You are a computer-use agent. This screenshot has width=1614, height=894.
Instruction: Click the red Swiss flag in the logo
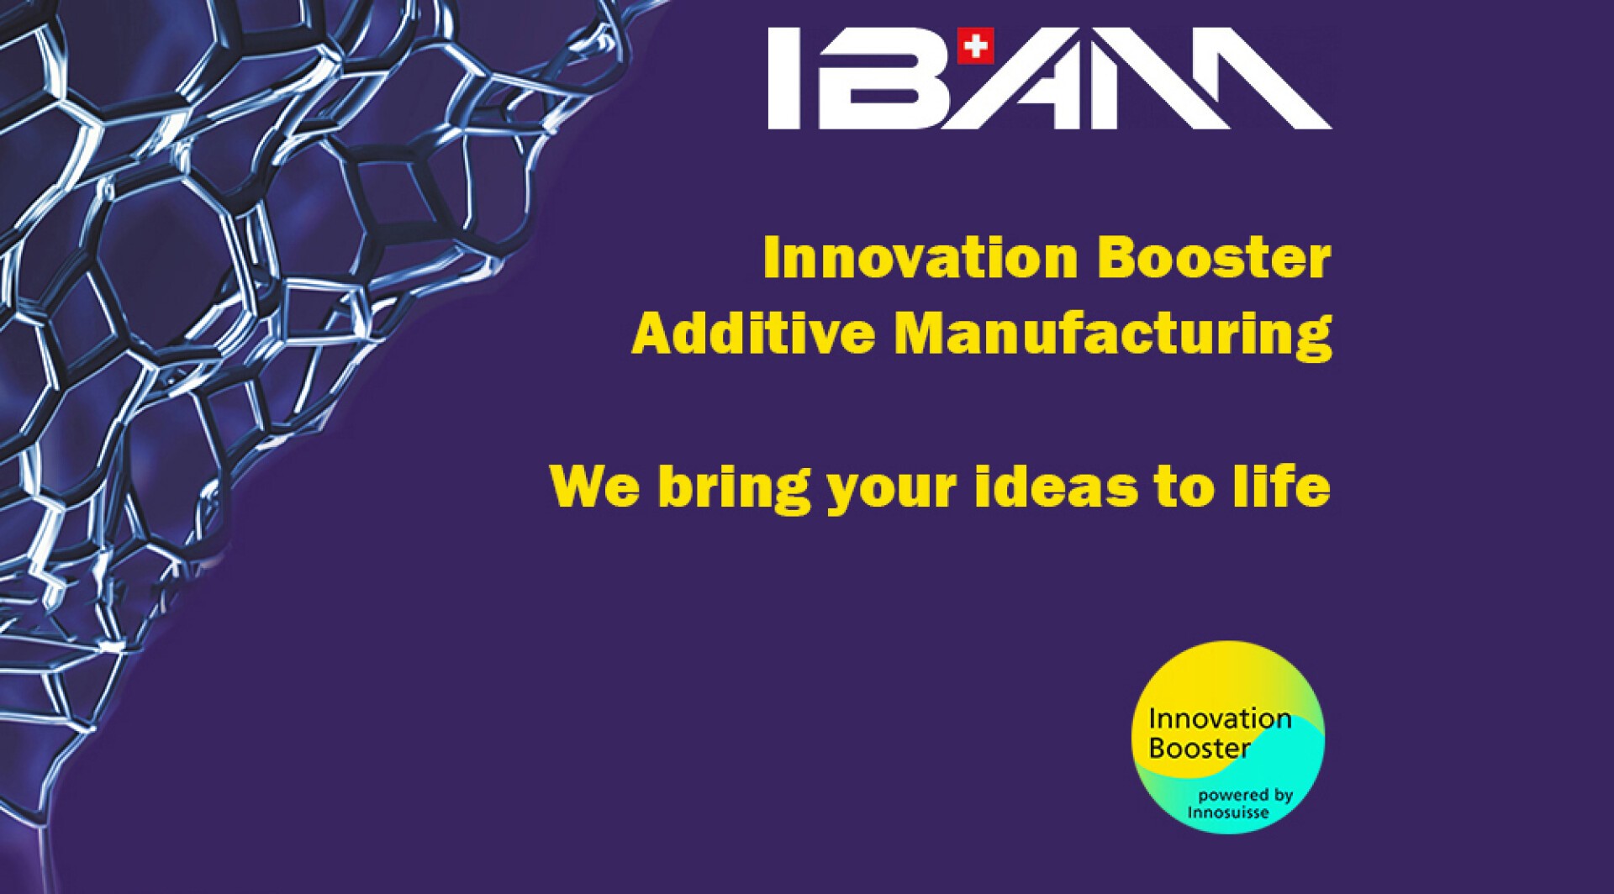(x=975, y=45)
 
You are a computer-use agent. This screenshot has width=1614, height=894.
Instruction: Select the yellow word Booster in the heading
(x=1215, y=257)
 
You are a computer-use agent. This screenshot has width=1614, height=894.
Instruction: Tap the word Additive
(x=753, y=333)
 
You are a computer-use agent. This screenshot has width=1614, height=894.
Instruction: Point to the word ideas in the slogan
(x=1057, y=486)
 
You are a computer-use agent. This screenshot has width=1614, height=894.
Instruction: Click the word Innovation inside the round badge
(x=1220, y=718)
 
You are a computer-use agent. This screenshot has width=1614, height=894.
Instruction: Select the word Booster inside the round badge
(x=1200, y=748)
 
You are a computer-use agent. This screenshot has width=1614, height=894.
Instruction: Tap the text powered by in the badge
(x=1246, y=796)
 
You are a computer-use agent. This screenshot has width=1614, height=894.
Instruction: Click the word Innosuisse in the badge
(x=1228, y=812)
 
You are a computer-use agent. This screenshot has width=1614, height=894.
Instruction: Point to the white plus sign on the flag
(x=975, y=45)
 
